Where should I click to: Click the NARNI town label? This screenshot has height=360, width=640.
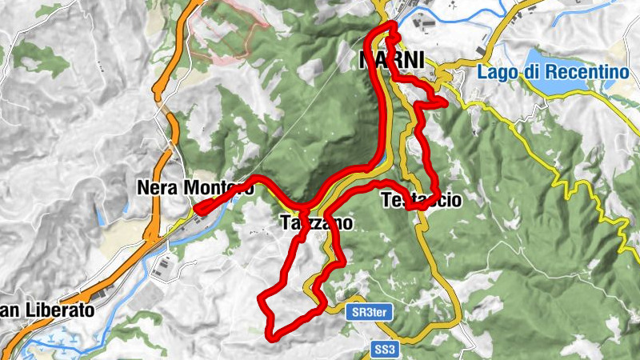pyautogui.click(x=391, y=61)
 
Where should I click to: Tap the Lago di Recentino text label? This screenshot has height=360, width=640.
pyautogui.click(x=552, y=71)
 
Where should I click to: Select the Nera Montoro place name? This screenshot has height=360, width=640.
pyautogui.click(x=194, y=188)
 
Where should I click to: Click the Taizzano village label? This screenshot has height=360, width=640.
pyautogui.click(x=317, y=224)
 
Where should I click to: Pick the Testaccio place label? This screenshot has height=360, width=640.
pyautogui.click(x=422, y=201)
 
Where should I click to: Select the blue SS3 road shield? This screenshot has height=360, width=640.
pyautogui.click(x=385, y=349)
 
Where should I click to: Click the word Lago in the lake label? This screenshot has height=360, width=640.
pyautogui.click(x=495, y=71)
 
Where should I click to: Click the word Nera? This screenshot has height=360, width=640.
pyautogui.click(x=157, y=188)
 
